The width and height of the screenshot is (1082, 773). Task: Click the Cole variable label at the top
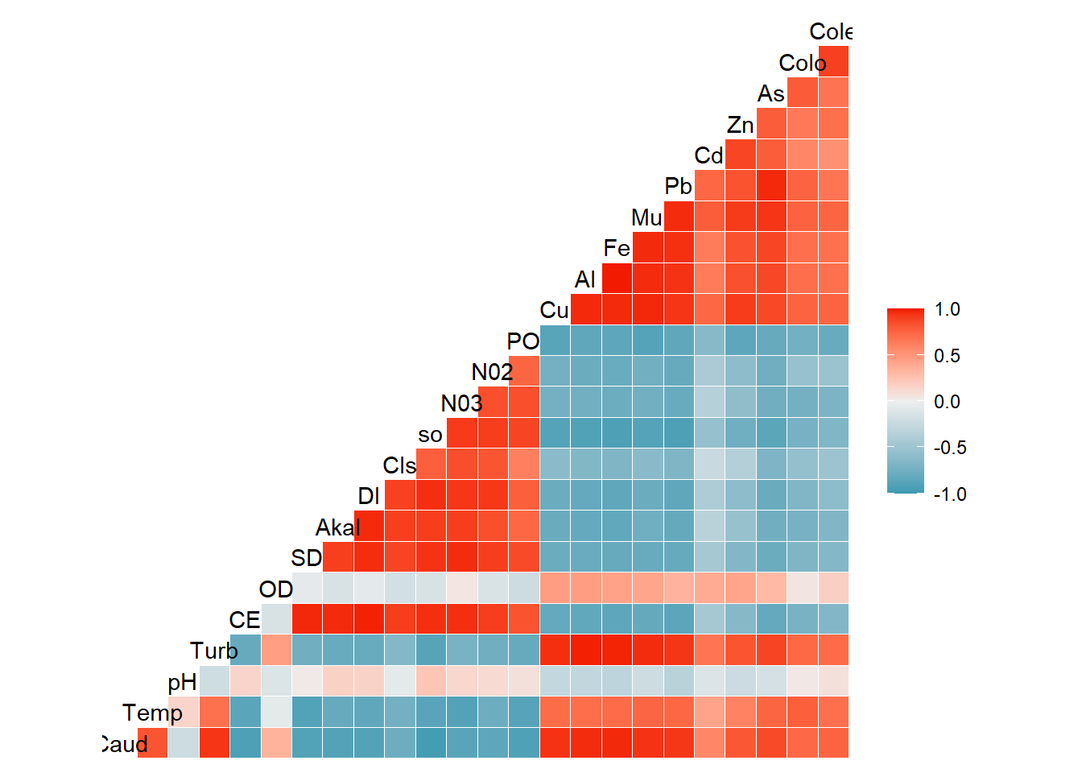(x=830, y=31)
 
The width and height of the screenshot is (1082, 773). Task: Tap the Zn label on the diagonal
(x=740, y=125)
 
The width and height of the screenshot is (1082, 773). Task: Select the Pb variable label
(x=678, y=187)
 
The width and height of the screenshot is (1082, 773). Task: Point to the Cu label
(x=554, y=310)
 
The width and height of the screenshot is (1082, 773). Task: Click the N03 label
(x=461, y=403)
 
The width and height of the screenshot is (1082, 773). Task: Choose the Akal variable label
(x=337, y=527)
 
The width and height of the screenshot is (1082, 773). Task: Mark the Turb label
(x=213, y=651)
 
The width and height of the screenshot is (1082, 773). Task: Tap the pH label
(x=182, y=682)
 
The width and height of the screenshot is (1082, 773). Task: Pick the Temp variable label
(x=152, y=713)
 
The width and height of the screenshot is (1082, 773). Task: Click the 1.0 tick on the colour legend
(x=947, y=310)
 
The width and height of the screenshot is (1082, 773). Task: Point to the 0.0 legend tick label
(x=947, y=402)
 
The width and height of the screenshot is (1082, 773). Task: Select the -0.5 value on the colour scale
(x=950, y=448)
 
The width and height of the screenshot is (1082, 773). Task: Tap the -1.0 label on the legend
(x=950, y=494)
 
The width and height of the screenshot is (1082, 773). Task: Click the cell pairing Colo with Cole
(x=833, y=61)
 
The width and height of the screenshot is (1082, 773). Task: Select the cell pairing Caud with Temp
(x=152, y=742)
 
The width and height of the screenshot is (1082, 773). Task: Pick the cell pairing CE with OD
(x=276, y=619)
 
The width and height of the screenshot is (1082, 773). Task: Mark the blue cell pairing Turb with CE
(x=246, y=650)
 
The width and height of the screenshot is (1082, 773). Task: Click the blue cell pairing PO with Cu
(x=555, y=340)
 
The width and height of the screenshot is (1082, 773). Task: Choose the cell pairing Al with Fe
(x=617, y=278)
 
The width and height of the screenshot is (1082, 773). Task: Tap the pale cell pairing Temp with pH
(x=184, y=712)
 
